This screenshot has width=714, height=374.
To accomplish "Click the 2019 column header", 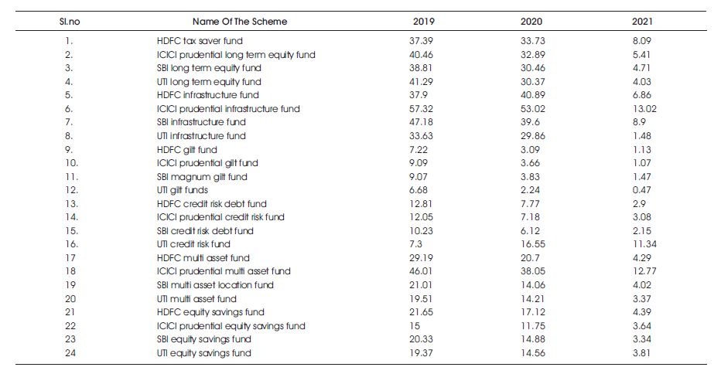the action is [423, 22].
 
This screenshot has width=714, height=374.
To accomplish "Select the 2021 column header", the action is [642, 22].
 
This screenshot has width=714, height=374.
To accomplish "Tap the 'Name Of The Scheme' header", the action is [240, 22].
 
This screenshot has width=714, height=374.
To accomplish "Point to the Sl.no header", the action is [70, 22].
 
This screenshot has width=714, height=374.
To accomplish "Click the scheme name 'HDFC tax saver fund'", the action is [200, 41].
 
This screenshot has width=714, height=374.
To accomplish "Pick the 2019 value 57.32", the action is [421, 109].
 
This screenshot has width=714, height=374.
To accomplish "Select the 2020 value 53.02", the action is [532, 109].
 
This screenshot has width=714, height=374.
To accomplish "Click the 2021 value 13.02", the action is [644, 109].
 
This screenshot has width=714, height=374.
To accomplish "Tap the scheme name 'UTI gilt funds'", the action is [182, 190].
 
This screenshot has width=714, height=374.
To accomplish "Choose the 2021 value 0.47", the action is [641, 190].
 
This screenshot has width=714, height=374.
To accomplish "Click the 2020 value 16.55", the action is [532, 244].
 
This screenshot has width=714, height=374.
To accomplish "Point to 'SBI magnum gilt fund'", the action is [202, 176].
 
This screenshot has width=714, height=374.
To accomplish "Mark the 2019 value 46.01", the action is [421, 271].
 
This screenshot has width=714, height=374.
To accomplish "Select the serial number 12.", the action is [71, 190].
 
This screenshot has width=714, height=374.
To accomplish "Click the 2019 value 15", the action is [415, 326].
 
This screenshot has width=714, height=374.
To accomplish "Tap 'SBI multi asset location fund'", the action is [215, 285].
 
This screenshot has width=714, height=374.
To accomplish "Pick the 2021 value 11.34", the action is [644, 244].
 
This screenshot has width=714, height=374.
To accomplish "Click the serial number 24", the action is [70, 352].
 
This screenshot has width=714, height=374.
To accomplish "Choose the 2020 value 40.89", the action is [532, 95].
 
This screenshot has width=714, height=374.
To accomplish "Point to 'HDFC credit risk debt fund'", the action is [211, 204].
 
